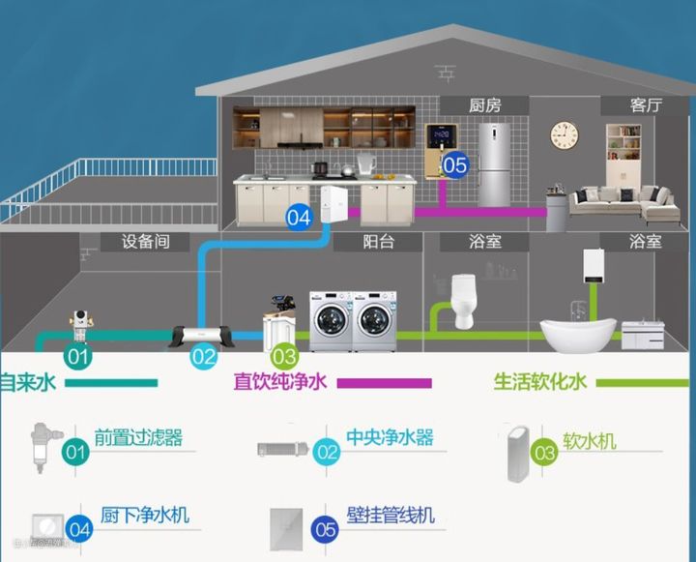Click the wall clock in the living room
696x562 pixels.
[x=565, y=134]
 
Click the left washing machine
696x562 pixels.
[x=331, y=320]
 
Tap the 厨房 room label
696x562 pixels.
[x=485, y=105]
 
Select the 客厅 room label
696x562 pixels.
[x=646, y=105]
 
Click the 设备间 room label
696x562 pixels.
[x=146, y=241]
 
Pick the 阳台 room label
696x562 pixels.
[x=379, y=241]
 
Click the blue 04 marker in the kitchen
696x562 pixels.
[x=299, y=217]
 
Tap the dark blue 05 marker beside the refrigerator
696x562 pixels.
[x=454, y=164]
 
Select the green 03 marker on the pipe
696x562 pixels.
[x=284, y=357]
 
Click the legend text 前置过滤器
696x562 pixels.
[x=138, y=437]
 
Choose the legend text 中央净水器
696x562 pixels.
[x=390, y=437]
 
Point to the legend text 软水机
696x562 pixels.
[x=589, y=442]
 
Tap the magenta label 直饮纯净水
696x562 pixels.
[x=280, y=381]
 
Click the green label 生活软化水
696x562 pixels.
[x=540, y=381]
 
